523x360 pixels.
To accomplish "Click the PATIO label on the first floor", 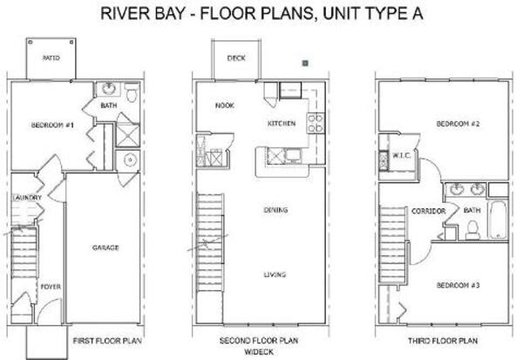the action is pyautogui.click(x=51, y=58).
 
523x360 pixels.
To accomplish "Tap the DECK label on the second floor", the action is pyautogui.click(x=236, y=58).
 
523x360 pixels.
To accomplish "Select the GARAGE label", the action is pyautogui.click(x=105, y=248).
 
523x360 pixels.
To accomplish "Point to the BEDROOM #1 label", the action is pyautogui.click(x=52, y=126).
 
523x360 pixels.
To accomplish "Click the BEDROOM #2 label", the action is pyautogui.click(x=458, y=124).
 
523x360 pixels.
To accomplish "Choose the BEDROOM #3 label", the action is pyautogui.click(x=458, y=285).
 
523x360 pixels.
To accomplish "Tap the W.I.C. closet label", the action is pyautogui.click(x=401, y=155).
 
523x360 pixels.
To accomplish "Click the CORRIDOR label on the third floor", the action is pyautogui.click(x=429, y=211).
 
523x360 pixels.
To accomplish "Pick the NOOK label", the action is pyautogui.click(x=225, y=105).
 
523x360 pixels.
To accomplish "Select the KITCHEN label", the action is pyautogui.click(x=282, y=124).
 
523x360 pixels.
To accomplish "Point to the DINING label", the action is pyautogui.click(x=275, y=210).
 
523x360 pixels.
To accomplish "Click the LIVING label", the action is pyautogui.click(x=275, y=275).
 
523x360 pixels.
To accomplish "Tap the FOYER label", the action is pyautogui.click(x=51, y=287).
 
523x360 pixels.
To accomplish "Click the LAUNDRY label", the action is pyautogui.click(x=27, y=198).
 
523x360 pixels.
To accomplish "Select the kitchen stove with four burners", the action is pyautogui.click(x=316, y=123).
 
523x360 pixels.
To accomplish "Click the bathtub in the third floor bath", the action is pyautogui.click(x=498, y=219).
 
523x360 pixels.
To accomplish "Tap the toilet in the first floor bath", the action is pyautogui.click(x=132, y=92).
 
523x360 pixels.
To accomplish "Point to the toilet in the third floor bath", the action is pyautogui.click(x=472, y=230).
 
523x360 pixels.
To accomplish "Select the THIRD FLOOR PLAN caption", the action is pyautogui.click(x=443, y=341).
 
